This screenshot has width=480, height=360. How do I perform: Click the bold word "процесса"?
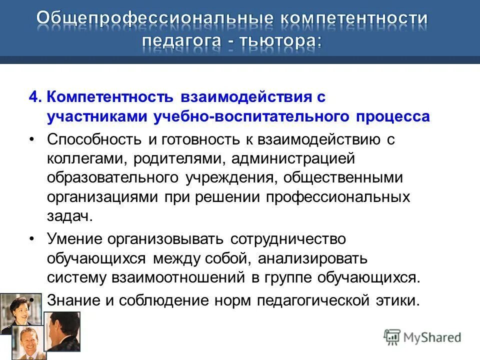point(393,116)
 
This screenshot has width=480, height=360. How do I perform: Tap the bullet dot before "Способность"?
point(32,139)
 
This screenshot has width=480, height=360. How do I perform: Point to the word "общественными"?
point(345,177)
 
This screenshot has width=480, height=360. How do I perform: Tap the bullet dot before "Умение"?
point(32,239)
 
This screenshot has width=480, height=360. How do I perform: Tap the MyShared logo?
point(422,337)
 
